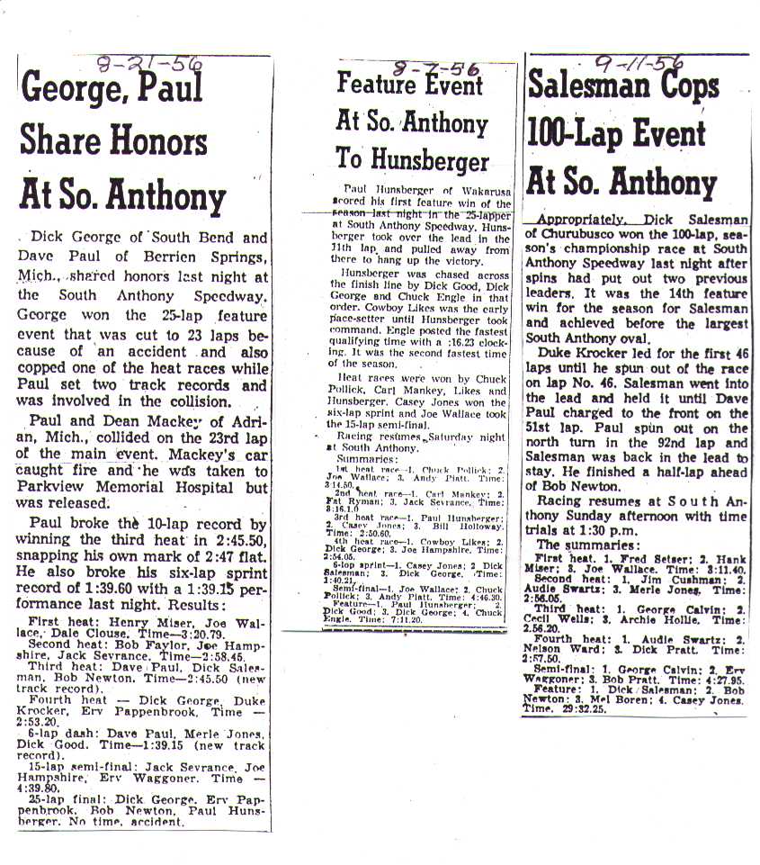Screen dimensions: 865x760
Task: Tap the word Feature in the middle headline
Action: (x=374, y=84)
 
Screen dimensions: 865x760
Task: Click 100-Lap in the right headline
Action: (x=582, y=135)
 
